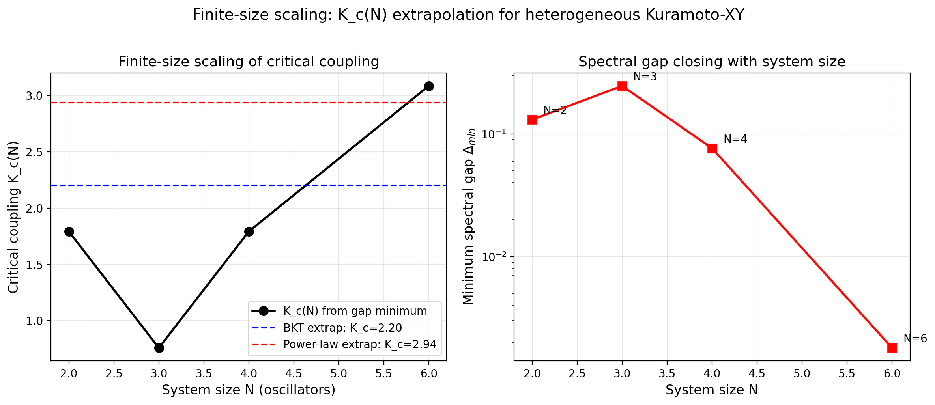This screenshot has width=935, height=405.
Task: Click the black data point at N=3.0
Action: [159, 348]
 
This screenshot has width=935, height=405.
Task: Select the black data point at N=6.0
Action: [429, 86]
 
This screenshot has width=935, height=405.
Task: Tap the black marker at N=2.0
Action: [69, 231]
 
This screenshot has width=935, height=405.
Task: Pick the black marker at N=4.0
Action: [249, 231]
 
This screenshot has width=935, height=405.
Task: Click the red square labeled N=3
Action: [622, 86]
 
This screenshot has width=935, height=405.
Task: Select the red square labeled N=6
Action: [892, 348]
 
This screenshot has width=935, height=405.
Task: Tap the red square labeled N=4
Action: [712, 148]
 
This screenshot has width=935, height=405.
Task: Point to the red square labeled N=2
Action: [532, 119]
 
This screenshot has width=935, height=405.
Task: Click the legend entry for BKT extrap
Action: [327, 328]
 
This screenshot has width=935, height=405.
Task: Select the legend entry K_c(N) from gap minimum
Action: [339, 311]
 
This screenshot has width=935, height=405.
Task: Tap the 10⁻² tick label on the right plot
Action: [494, 257]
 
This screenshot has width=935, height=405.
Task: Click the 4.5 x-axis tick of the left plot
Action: [294, 373]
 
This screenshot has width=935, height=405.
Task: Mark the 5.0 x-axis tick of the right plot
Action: [802, 373]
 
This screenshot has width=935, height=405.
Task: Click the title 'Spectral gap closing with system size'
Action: [712, 62]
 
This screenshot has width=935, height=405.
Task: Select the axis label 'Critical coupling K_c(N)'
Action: [13, 217]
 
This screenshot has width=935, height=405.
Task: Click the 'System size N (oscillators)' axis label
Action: [249, 390]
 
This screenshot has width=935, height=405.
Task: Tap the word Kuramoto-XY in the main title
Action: [695, 15]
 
